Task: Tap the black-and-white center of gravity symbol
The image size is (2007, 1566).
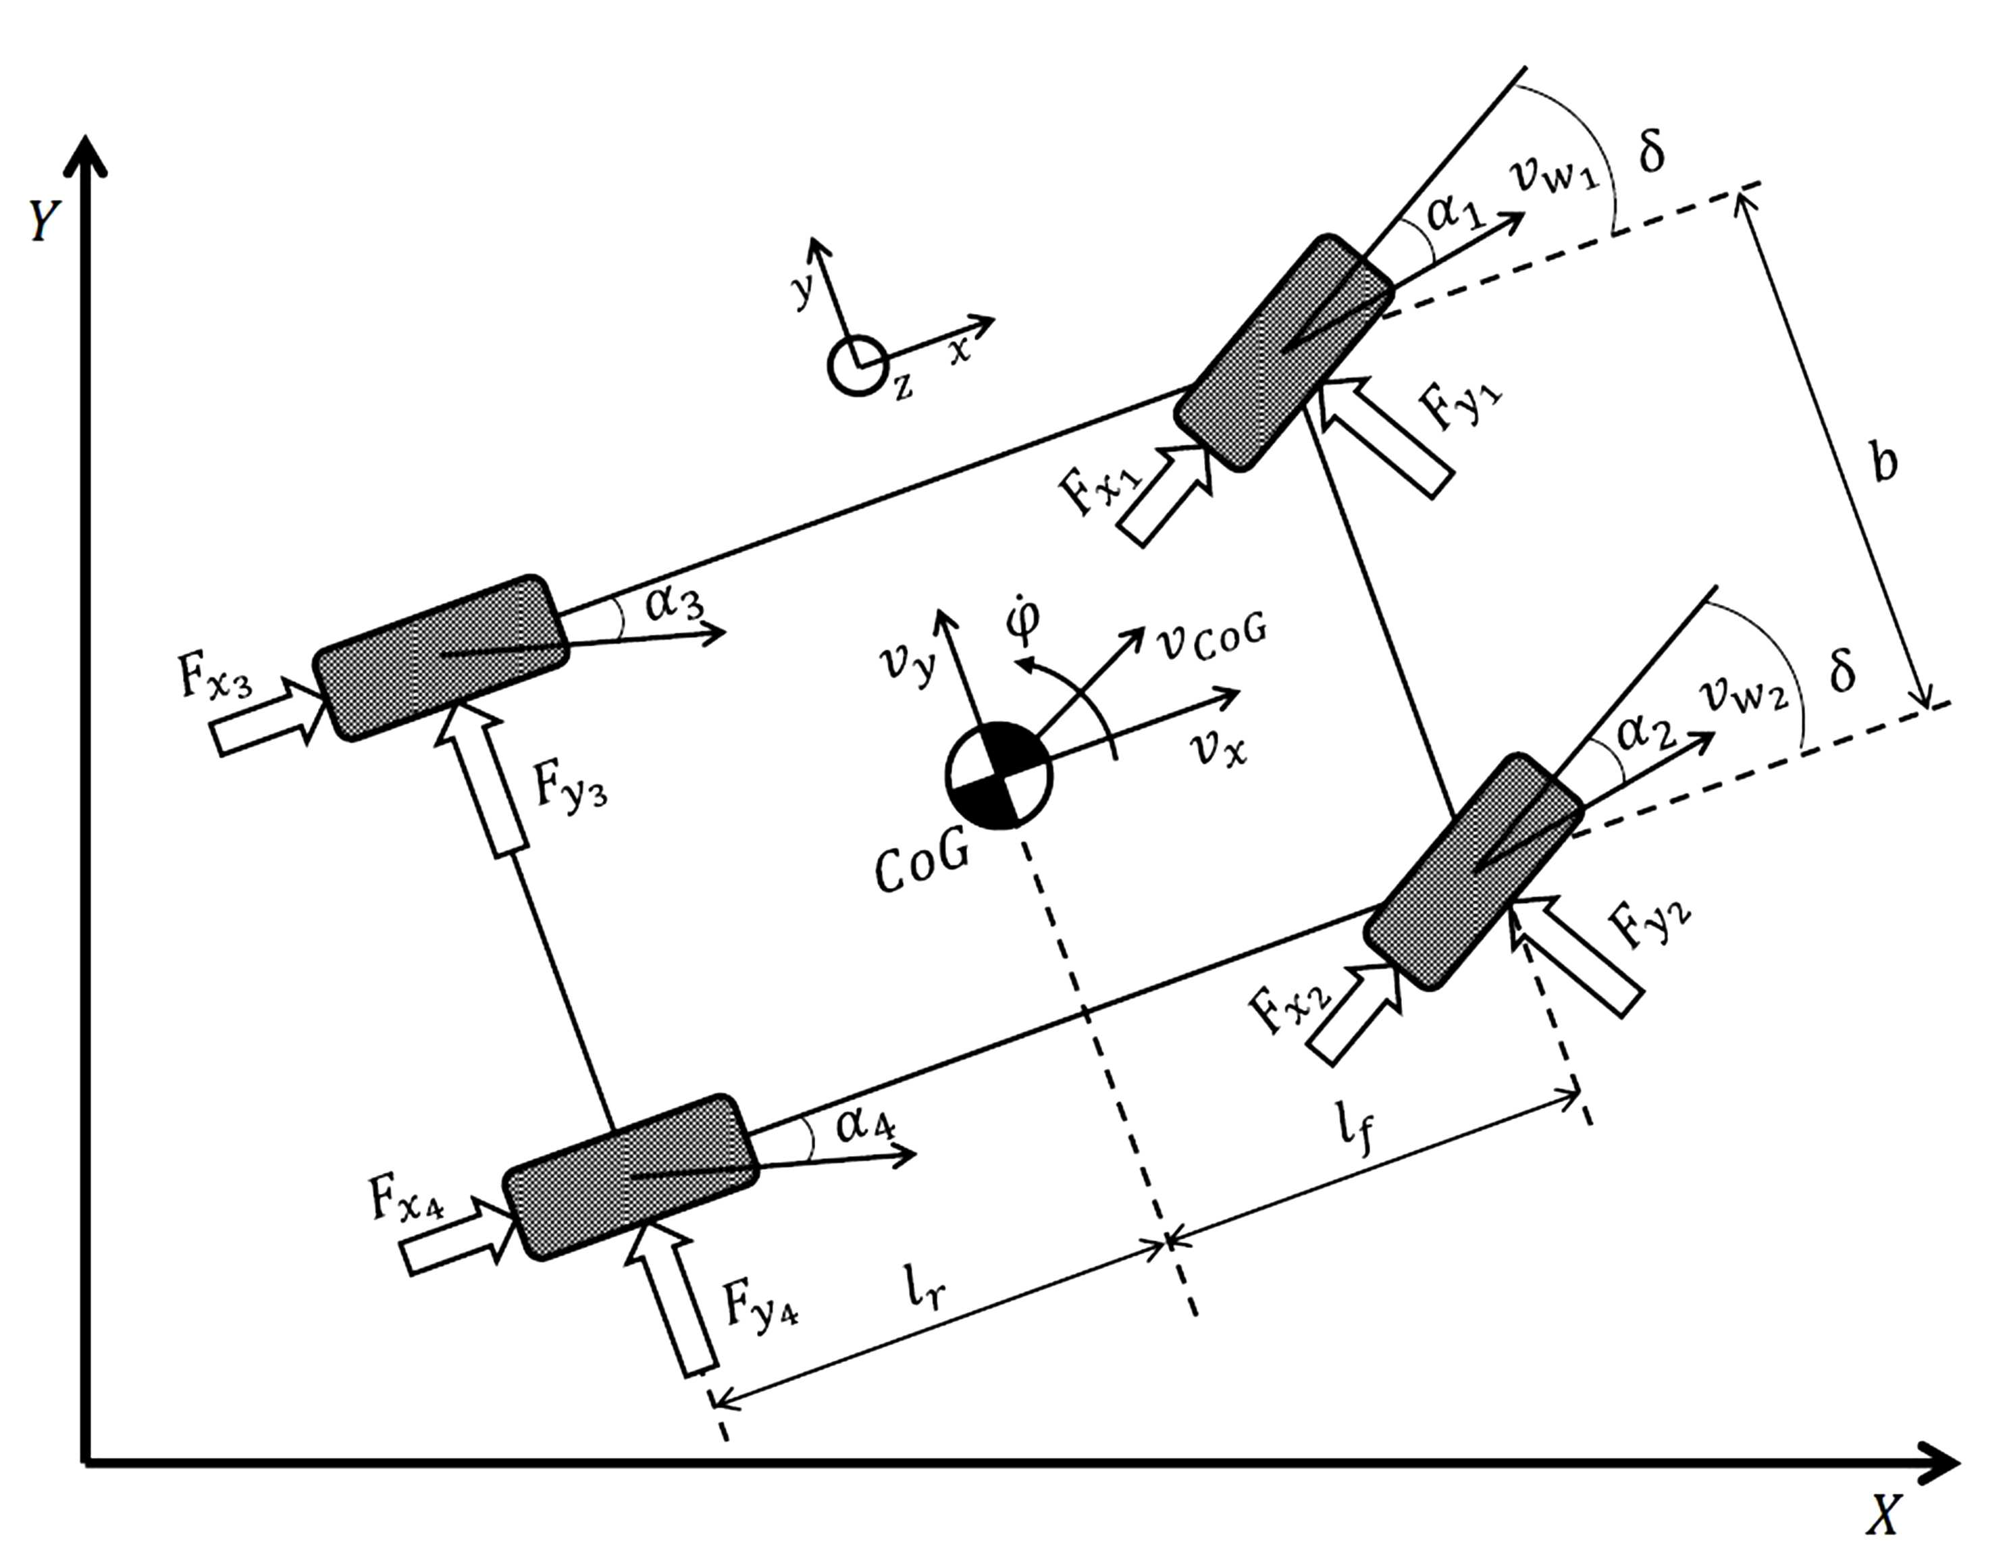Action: coord(999,775)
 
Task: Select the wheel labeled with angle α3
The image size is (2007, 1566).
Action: coord(440,657)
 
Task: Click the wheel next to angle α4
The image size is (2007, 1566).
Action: coord(631,1176)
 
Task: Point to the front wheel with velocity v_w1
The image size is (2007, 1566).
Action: coord(1284,354)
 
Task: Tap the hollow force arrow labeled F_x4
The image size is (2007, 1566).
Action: coord(457,1236)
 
